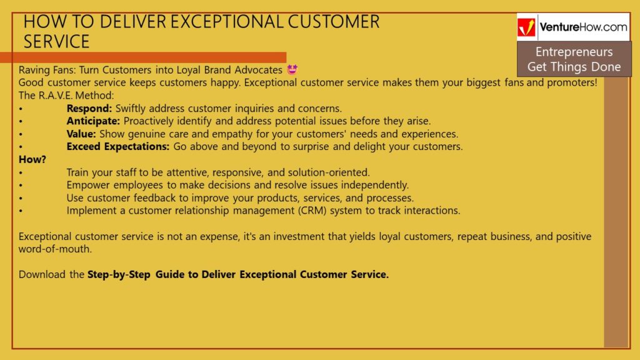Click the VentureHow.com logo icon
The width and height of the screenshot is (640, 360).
click(x=526, y=27)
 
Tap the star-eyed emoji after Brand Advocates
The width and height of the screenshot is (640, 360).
click(x=292, y=70)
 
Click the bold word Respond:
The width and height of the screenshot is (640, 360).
click(x=89, y=109)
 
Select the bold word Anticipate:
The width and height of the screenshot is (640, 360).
click(x=93, y=121)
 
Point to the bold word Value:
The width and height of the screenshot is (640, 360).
click(x=81, y=134)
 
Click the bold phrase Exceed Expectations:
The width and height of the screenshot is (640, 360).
click(x=118, y=146)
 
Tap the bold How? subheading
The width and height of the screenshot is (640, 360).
click(x=32, y=159)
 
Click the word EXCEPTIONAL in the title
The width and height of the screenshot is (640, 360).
click(x=226, y=22)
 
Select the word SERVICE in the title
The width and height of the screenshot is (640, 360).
click(x=56, y=42)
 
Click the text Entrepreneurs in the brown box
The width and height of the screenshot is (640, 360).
click(x=574, y=52)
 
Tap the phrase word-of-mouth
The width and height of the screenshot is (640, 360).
click(x=55, y=249)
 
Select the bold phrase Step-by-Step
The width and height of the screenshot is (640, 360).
click(x=119, y=275)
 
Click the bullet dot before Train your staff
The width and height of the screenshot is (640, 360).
click(x=21, y=172)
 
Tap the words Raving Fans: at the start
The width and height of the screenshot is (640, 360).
click(x=47, y=70)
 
